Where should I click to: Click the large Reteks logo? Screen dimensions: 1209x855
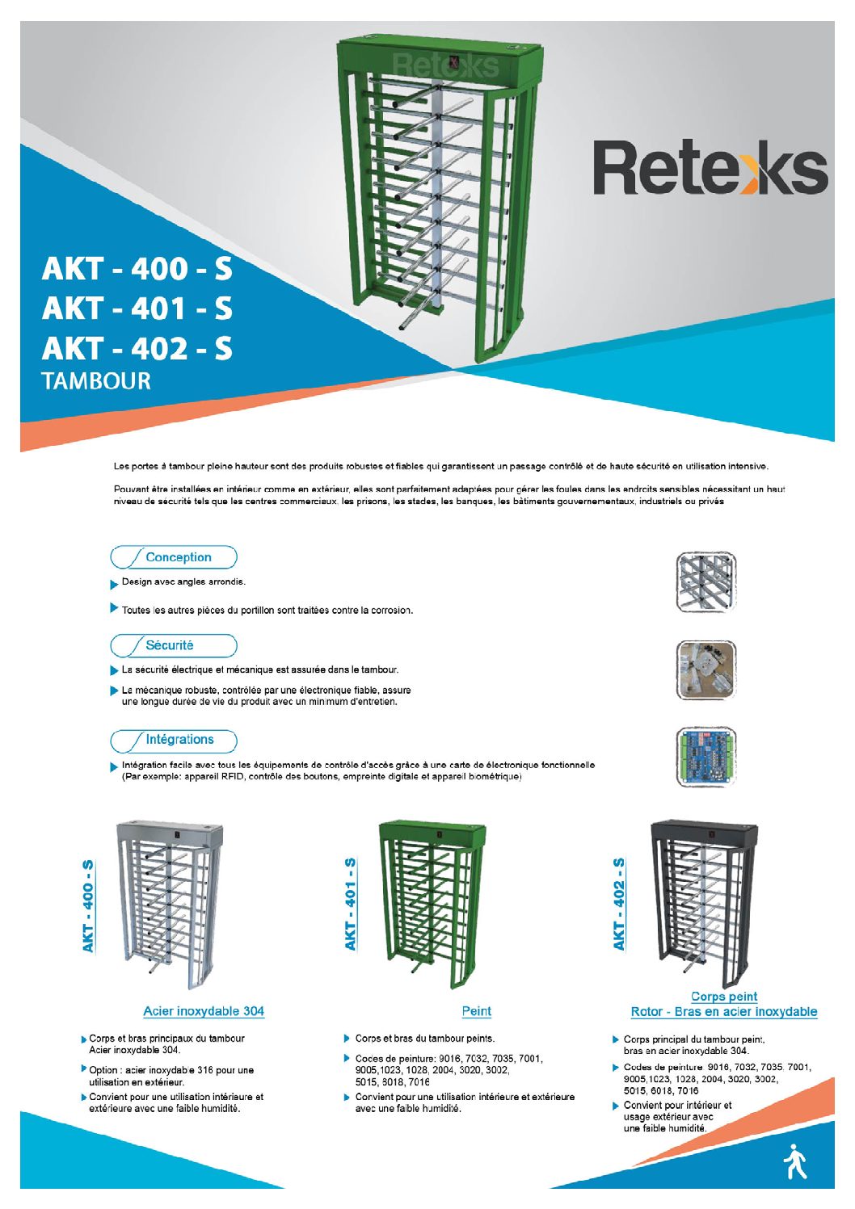click(710, 168)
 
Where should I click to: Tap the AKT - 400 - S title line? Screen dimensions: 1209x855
click(137, 269)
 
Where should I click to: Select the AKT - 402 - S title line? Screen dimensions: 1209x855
click(137, 348)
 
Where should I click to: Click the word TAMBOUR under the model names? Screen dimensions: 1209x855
click(96, 381)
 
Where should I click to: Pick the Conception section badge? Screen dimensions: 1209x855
click(174, 557)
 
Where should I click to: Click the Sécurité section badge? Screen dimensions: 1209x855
click(174, 645)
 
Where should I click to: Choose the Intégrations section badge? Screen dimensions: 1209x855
click(174, 740)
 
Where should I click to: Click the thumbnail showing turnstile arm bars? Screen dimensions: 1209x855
click(705, 581)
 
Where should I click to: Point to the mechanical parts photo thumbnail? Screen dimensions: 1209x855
click(706, 670)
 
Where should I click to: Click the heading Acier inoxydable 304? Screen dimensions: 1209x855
click(204, 1011)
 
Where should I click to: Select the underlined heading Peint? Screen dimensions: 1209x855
click(476, 1011)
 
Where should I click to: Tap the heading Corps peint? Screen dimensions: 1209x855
click(724, 997)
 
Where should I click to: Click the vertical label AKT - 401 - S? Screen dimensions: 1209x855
click(351, 905)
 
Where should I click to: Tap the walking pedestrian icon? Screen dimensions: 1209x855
click(795, 1161)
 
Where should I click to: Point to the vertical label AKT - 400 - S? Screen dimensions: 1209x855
click(88, 905)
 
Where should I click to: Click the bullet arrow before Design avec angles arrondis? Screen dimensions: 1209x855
click(114, 583)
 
